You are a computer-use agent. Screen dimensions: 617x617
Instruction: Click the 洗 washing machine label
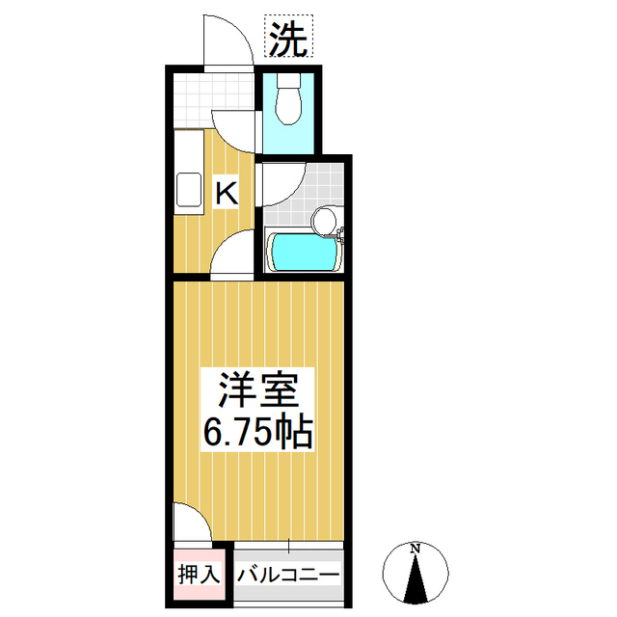click(x=286, y=40)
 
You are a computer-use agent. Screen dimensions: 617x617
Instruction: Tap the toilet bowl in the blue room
click(x=288, y=101)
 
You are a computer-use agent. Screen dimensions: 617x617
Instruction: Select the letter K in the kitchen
click(x=226, y=193)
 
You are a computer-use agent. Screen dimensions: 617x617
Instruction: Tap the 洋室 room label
click(x=257, y=390)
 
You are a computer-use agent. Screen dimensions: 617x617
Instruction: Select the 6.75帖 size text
click(x=257, y=432)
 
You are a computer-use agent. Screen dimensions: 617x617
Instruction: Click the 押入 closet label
click(x=200, y=575)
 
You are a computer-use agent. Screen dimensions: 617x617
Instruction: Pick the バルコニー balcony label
click(x=287, y=575)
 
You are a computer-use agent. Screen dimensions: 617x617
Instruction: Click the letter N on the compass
click(x=416, y=550)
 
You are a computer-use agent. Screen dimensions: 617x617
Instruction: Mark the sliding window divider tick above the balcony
click(x=289, y=547)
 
